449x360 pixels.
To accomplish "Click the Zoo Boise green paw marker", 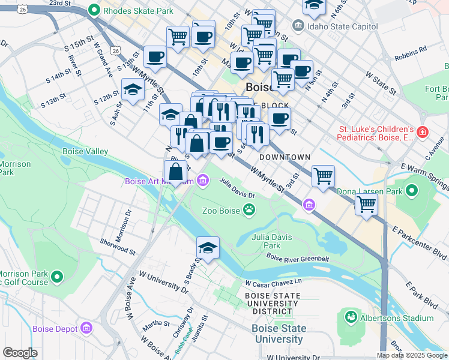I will (249, 210).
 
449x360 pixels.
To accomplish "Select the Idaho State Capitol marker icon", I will (298, 26).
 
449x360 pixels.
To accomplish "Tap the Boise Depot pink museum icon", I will (87, 328).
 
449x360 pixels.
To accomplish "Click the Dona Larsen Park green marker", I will (412, 191).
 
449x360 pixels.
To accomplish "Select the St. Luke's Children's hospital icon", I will (423, 131).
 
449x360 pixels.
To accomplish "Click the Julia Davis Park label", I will (272, 241).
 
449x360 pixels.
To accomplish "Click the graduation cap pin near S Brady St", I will (208, 248).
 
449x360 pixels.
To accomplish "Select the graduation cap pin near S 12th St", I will (133, 91).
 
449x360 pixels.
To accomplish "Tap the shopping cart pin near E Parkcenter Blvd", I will (366, 205).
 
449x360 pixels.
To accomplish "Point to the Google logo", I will (20, 353).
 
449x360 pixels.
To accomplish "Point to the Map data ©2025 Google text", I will (411, 355).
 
